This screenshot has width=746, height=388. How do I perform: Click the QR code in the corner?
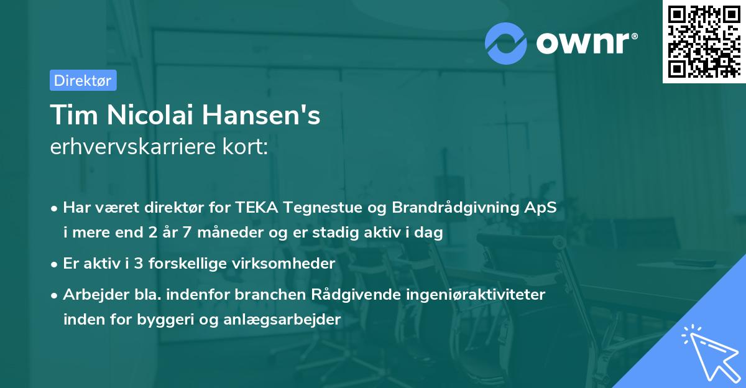(x=704, y=42)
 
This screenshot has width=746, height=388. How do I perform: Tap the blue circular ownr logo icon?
(x=505, y=43)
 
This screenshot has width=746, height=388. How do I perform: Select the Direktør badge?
(x=83, y=80)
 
